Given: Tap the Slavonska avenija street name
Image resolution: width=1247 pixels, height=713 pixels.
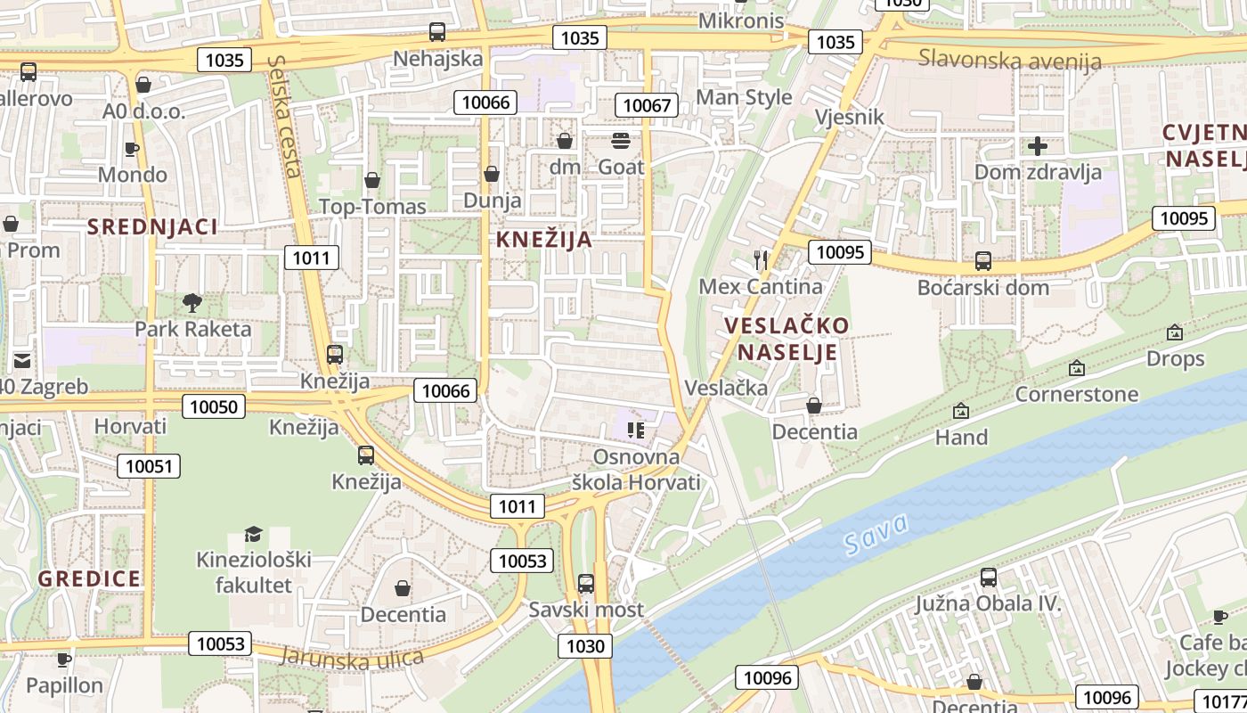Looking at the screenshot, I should [1010, 60].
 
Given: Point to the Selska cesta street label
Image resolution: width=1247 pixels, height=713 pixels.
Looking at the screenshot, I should [284, 116].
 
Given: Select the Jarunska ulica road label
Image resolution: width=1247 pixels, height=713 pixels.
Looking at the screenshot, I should [351, 657].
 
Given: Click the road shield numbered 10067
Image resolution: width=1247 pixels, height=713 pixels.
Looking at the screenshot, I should [647, 105].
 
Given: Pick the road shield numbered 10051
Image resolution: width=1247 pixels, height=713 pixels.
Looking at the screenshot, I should [148, 466].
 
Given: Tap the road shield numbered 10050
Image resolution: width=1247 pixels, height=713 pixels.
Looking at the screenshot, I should [214, 407].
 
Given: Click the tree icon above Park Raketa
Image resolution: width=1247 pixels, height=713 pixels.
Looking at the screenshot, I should [192, 303].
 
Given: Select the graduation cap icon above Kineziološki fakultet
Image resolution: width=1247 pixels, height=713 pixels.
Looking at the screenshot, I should [253, 534].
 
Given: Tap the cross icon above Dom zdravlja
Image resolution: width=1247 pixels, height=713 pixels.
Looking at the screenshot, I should [1037, 146].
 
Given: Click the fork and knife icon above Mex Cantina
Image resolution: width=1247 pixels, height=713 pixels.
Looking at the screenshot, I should [761, 260].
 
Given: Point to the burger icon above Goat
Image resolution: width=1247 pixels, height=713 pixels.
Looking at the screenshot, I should [620, 141].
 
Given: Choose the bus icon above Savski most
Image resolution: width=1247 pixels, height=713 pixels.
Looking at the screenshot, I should [585, 584].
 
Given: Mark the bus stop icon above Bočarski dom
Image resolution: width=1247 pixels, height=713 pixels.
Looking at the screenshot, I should [982, 261].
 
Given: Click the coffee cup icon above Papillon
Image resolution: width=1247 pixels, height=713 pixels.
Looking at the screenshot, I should [63, 660].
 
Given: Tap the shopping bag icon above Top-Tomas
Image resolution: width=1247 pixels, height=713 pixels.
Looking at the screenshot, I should [372, 181].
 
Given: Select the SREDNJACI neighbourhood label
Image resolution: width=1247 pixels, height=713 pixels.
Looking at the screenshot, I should [152, 226].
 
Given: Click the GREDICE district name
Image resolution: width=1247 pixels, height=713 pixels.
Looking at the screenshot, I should [89, 578].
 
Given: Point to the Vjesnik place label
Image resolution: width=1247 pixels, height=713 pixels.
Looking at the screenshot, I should [850, 117].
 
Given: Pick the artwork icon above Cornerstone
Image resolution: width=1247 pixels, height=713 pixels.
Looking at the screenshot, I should [1076, 368].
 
